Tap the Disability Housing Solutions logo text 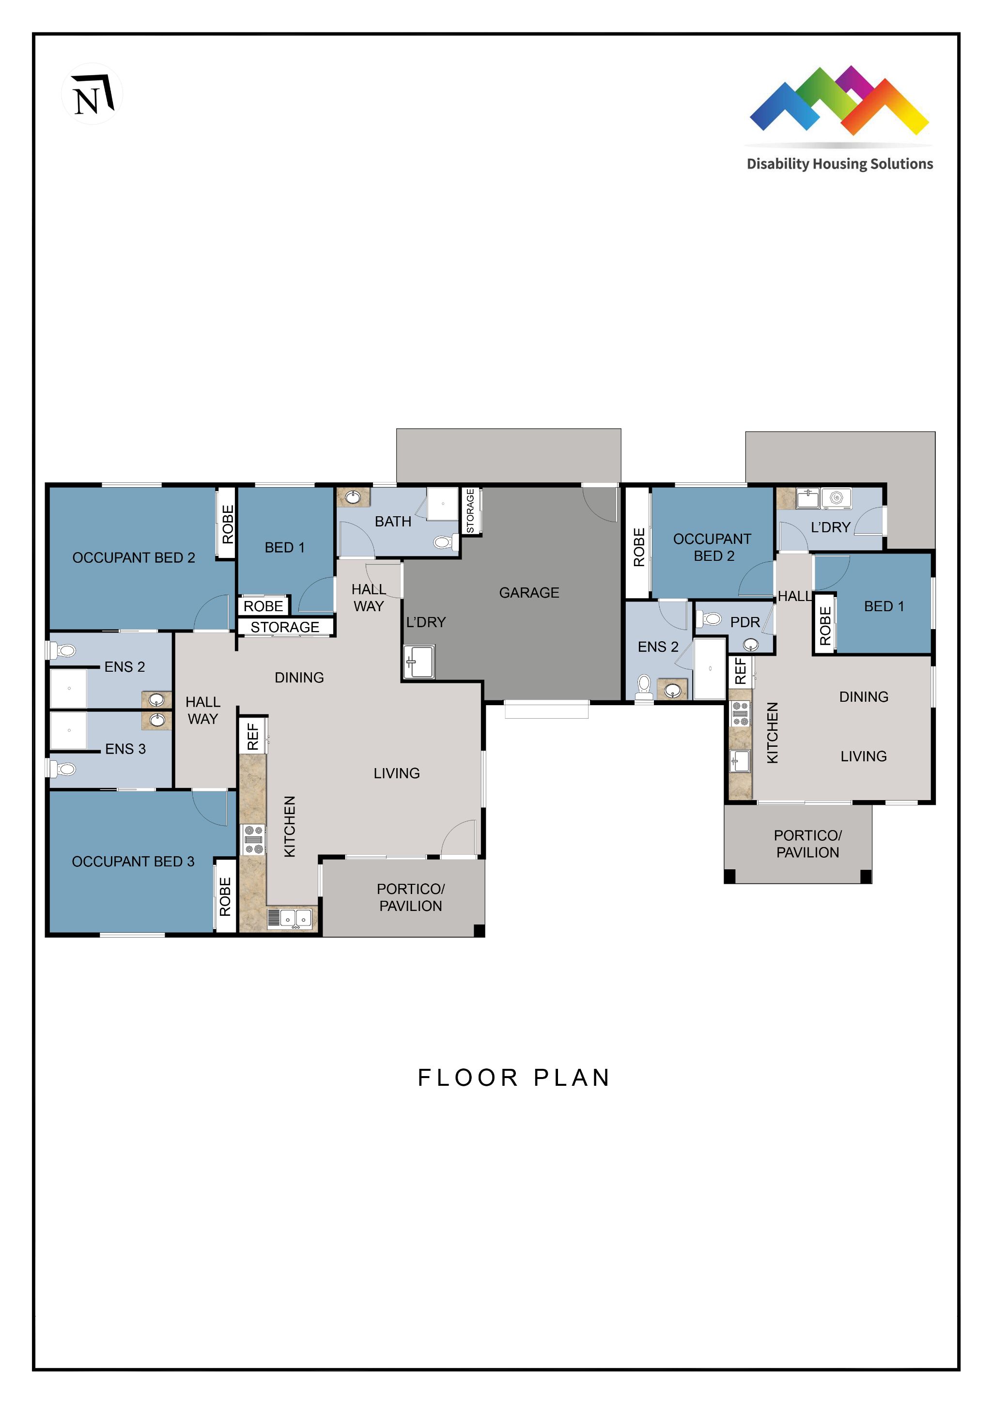(840, 164)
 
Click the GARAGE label (529, 593)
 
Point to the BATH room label (393, 521)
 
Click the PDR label (745, 622)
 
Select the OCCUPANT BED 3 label (133, 862)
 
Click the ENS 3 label (125, 749)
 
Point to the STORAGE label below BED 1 (285, 627)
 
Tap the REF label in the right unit (741, 670)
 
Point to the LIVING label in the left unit (397, 773)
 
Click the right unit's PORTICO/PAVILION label (807, 844)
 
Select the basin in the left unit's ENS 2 (157, 700)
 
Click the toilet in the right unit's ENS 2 (644, 687)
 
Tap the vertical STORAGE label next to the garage (470, 511)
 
